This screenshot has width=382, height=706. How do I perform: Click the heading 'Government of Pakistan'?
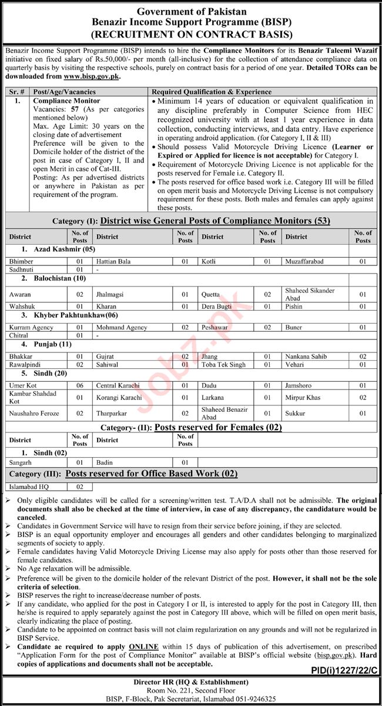192,11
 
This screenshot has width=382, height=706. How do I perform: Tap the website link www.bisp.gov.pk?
91,76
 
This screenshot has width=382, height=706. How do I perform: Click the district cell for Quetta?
210,294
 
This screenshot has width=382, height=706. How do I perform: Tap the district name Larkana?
212,398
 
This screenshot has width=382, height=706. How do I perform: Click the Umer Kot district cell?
23,385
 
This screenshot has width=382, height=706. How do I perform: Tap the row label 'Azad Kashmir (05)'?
58,250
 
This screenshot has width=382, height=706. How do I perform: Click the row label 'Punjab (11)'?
51,344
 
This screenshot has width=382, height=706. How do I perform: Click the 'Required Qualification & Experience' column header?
212,92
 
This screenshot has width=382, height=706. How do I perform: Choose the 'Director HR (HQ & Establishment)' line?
191,682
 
